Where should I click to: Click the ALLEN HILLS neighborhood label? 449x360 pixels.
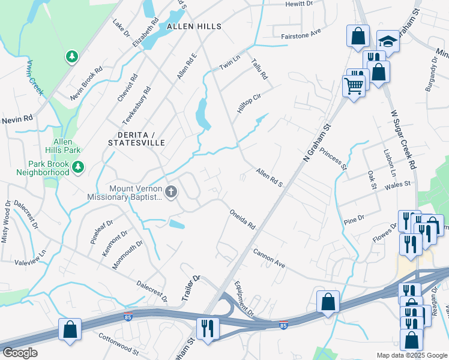pyautogui.click(x=194, y=27)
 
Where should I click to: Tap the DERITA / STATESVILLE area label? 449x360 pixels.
pyautogui.click(x=136, y=137)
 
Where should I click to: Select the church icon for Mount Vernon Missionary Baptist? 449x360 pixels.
pyautogui.click(x=171, y=192)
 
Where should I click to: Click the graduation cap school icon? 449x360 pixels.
pyautogui.click(x=388, y=41)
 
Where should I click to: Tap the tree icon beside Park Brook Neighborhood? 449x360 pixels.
pyautogui.click(x=77, y=166)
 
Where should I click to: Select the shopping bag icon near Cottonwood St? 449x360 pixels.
pyautogui.click(x=70, y=329)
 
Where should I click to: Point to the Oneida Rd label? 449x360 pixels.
pyautogui.click(x=243, y=220)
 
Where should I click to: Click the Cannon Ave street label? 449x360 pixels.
pyautogui.click(x=268, y=257)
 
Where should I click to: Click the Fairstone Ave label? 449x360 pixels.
pyautogui.click(x=301, y=37)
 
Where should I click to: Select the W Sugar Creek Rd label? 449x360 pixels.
pyautogui.click(x=403, y=137)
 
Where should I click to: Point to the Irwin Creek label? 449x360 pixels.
pyautogui.click(x=34, y=77)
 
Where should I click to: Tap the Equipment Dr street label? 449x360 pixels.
pyautogui.click(x=245, y=299)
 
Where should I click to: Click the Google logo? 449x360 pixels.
pyautogui.click(x=20, y=353)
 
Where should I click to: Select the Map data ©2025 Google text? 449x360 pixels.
pyautogui.click(x=411, y=355)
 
